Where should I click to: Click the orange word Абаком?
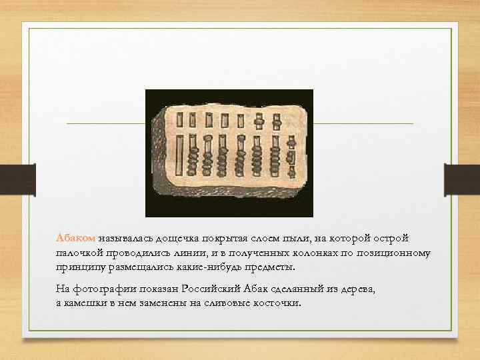point(77,238)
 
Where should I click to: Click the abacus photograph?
point(229,153)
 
